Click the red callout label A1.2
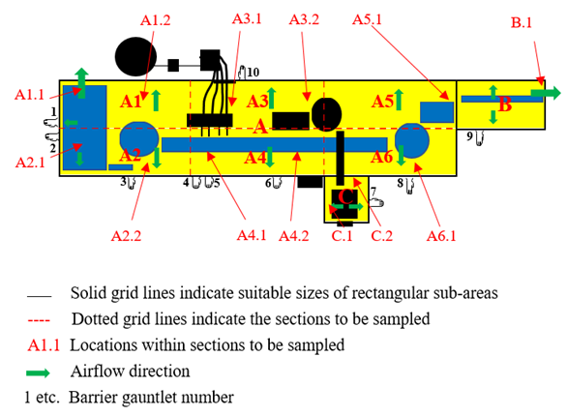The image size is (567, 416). tap(155, 20)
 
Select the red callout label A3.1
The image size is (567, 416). tap(247, 18)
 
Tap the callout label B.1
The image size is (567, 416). tap(522, 23)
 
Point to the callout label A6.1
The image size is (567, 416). tap(441, 236)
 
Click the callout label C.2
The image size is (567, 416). tap(382, 236)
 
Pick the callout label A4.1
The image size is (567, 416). tap(252, 236)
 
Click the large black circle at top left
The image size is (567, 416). tap(135, 57)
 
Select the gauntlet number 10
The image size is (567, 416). tap(254, 73)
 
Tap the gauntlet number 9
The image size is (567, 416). tap(469, 136)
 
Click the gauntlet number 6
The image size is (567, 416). tap(268, 183)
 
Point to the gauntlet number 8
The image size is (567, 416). tap(400, 183)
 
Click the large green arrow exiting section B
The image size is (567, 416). tap(546, 93)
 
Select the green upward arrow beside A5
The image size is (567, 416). tap(398, 100)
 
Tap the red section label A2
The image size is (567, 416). tap(130, 156)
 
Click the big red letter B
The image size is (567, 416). tap(505, 104)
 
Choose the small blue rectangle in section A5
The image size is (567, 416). tap(436, 112)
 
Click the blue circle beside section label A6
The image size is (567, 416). tap(412, 140)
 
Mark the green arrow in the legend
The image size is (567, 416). tap(38, 373)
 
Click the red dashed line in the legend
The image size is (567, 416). tap(39, 320)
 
